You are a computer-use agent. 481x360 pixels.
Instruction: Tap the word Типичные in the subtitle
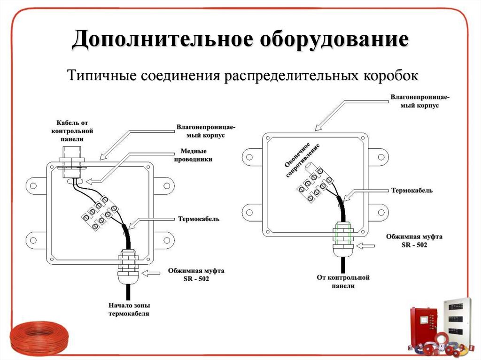tap(100, 75)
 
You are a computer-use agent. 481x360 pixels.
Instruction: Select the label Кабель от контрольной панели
tap(72, 130)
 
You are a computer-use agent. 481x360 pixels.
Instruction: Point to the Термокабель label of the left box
tap(198, 219)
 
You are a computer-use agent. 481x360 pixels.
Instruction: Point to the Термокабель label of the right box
tap(411, 191)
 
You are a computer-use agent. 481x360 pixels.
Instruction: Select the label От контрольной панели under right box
tap(343, 282)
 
